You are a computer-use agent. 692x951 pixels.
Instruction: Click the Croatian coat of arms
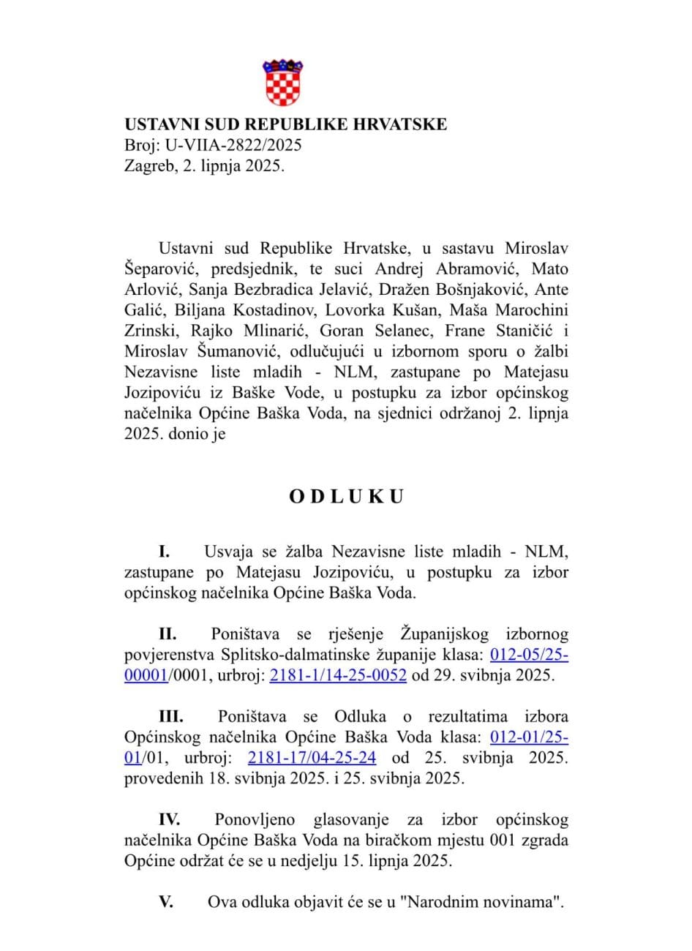pos(282,83)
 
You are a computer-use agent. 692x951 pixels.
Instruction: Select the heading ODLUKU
pos(346,497)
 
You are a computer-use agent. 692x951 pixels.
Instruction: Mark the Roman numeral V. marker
pos(166,902)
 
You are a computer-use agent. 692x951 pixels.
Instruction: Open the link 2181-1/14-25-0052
pos(338,675)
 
